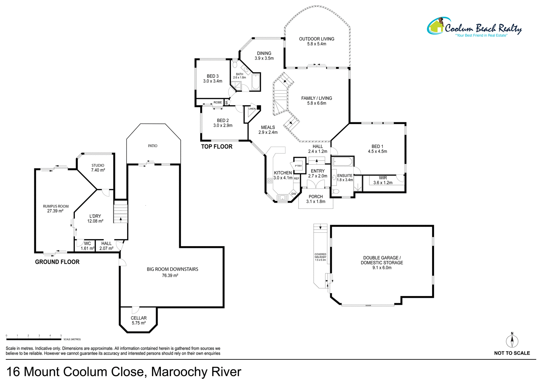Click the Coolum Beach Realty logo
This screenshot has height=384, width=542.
(x=474, y=28)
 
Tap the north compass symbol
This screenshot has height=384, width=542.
(x=512, y=341)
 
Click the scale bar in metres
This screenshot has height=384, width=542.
(x=34, y=339)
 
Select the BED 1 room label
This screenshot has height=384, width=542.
(x=377, y=147)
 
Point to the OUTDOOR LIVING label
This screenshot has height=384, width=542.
(x=317, y=39)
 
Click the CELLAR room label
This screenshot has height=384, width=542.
(x=139, y=318)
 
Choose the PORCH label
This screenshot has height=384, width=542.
(x=316, y=197)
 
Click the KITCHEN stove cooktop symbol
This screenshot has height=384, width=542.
(x=270, y=181)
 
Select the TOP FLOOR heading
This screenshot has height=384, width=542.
(x=217, y=147)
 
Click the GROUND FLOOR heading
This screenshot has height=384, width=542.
(x=57, y=262)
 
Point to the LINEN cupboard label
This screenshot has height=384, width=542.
(x=252, y=109)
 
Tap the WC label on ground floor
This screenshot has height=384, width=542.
(x=87, y=244)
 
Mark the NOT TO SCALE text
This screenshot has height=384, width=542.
(x=512, y=353)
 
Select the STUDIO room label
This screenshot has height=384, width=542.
(x=98, y=165)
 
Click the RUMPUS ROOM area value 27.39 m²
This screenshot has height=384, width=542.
(x=55, y=211)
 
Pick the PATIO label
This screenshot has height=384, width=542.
(x=152, y=146)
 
